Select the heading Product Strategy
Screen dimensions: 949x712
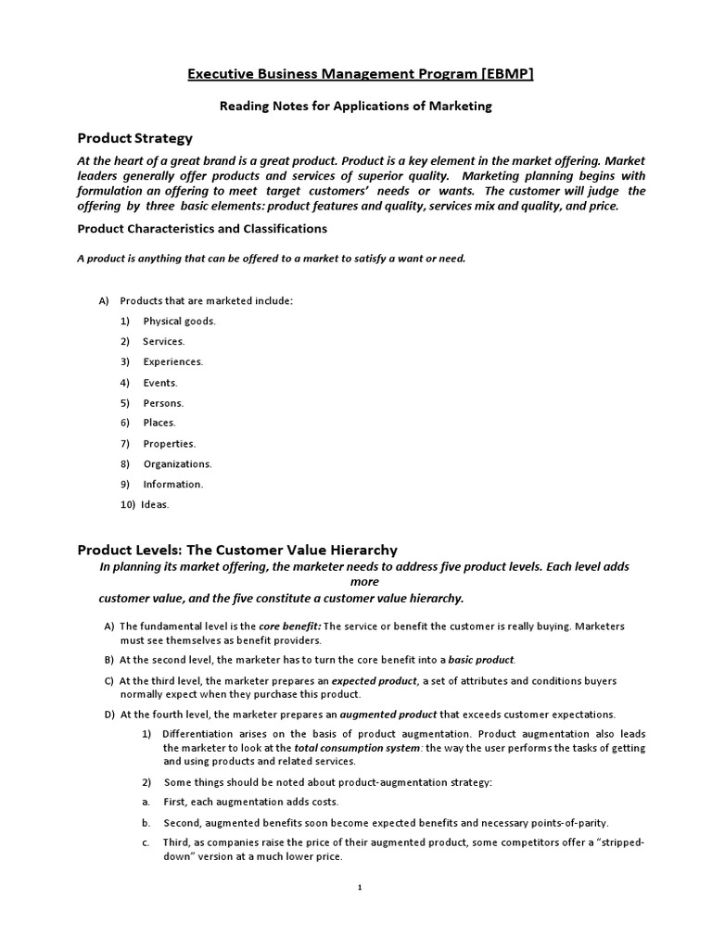pyautogui.click(x=134, y=138)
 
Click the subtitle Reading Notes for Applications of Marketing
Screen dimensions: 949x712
pyautogui.click(x=355, y=107)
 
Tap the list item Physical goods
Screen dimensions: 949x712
pyautogui.click(x=179, y=321)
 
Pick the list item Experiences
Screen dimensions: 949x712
pyautogui.click(x=172, y=361)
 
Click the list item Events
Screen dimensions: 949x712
pyautogui.click(x=159, y=382)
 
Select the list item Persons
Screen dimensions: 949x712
pyautogui.click(x=163, y=402)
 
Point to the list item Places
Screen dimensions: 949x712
pyautogui.click(x=159, y=423)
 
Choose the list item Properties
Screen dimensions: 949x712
pyautogui.click(x=169, y=443)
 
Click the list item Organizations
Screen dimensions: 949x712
pyautogui.click(x=177, y=463)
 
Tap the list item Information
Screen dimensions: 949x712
pyautogui.click(x=172, y=484)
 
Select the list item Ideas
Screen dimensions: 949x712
pyautogui.click(x=157, y=505)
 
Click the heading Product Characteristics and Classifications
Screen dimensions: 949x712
pyautogui.click(x=201, y=228)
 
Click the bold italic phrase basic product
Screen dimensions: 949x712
pyautogui.click(x=481, y=660)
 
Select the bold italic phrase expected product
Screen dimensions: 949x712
pyautogui.click(x=381, y=681)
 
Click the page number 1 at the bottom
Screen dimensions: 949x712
pyautogui.click(x=360, y=888)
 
